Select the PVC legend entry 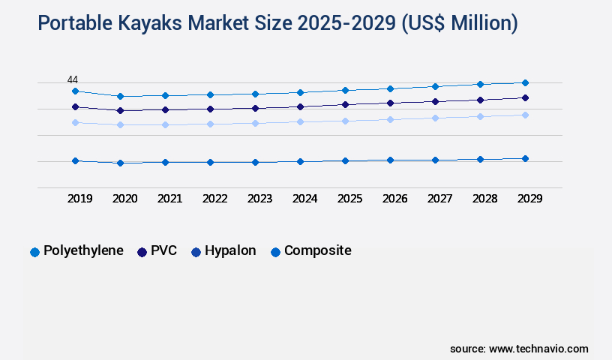pos(157,251)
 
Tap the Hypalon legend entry pos(223,251)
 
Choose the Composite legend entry pos(310,251)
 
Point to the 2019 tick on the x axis pos(79,199)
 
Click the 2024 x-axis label pos(304,199)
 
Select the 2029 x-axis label pos(529,199)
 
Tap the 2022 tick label pos(214,199)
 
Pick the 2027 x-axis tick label pos(439,199)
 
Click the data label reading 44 pos(73,80)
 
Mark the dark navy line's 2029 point pos(525,97)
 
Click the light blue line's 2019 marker pos(75,122)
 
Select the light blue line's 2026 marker pos(390,119)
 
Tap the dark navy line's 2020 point pos(120,110)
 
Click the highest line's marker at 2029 pos(525,82)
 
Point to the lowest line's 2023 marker pos(255,162)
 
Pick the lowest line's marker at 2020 pos(120,163)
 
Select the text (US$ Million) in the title pos(459,24)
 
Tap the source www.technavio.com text pos(519,349)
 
